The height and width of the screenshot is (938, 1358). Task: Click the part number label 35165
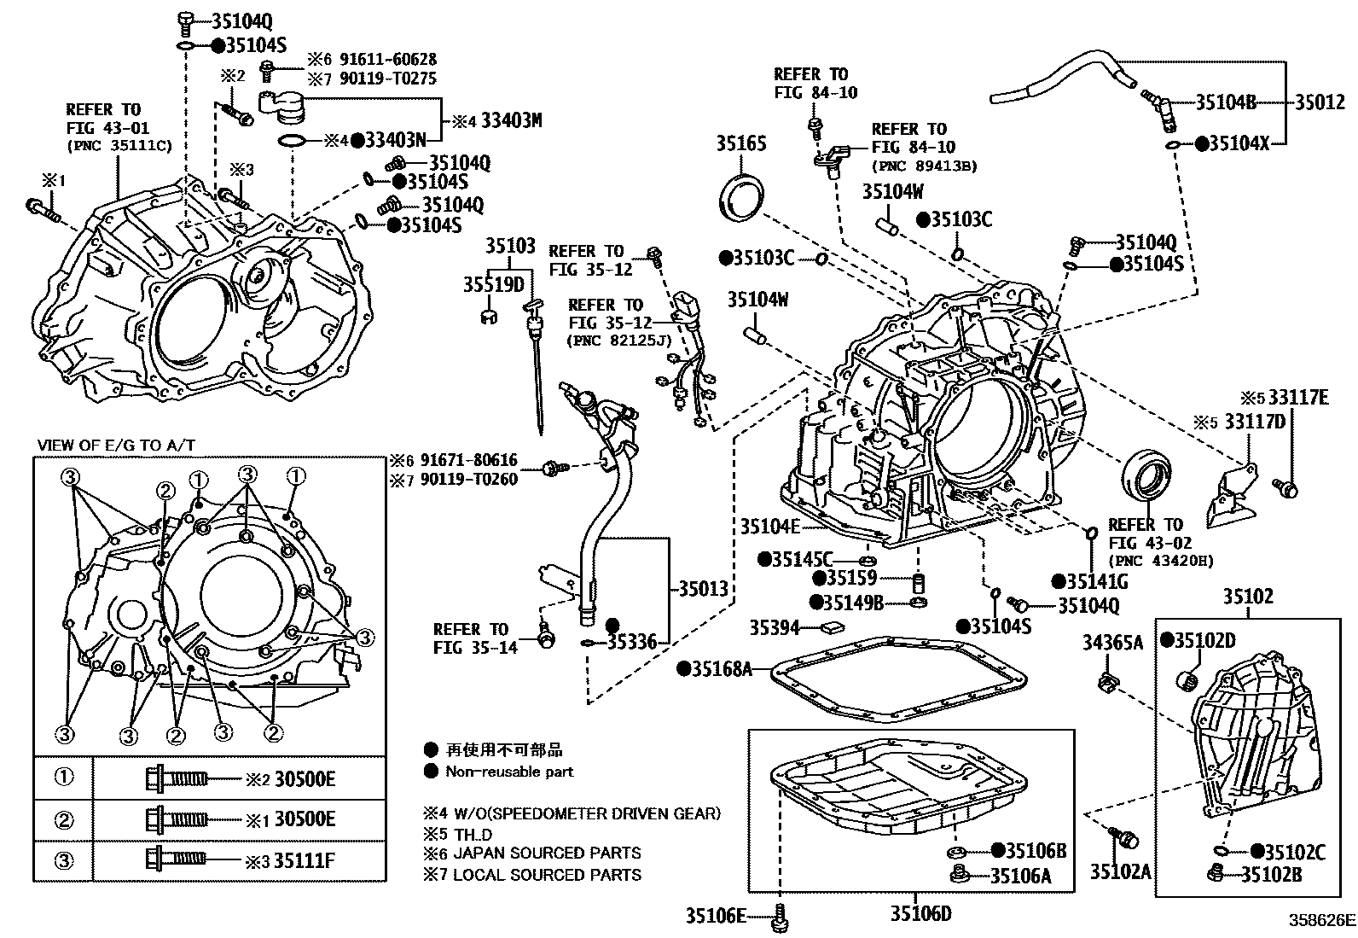click(x=740, y=143)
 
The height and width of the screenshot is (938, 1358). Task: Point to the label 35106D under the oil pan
click(x=920, y=914)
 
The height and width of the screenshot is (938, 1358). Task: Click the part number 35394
click(x=774, y=628)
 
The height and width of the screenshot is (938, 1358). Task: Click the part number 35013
click(x=703, y=588)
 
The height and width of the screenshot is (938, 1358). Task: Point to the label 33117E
click(x=1297, y=397)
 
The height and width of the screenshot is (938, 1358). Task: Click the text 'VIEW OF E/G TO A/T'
click(x=116, y=446)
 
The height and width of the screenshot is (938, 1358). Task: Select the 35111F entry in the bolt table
click(x=305, y=860)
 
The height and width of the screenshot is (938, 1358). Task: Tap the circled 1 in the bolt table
click(x=64, y=778)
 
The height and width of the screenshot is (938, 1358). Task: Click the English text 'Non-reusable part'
click(x=509, y=772)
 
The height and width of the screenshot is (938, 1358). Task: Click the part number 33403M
click(x=510, y=120)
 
